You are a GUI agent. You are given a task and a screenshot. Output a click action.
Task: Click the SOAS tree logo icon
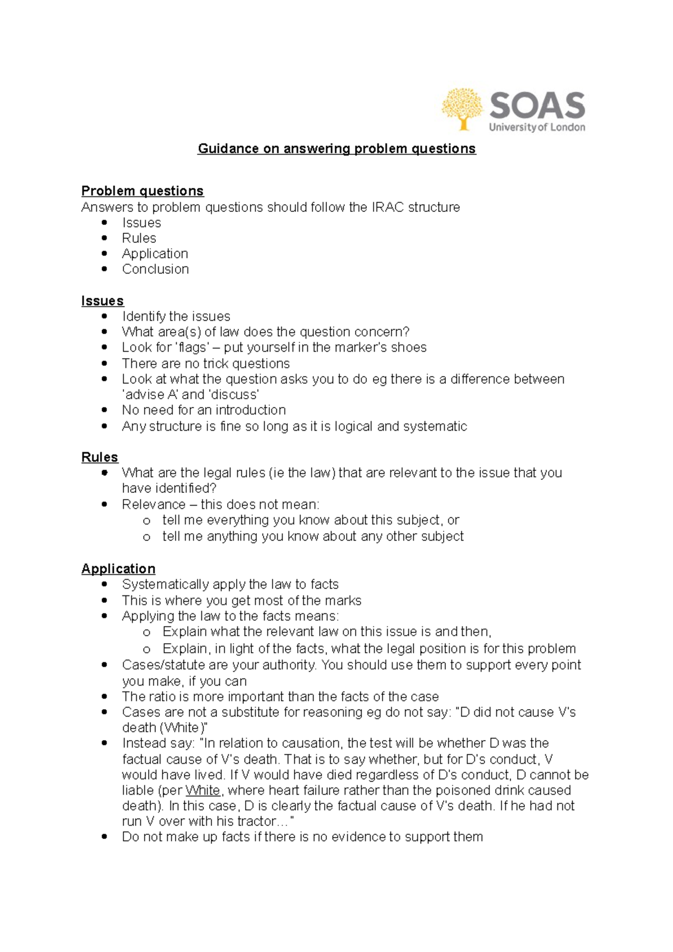click(x=462, y=109)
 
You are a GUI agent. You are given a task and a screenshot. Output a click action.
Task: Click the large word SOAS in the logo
click(x=537, y=106)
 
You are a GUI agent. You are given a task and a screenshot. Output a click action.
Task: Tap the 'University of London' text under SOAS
click(x=537, y=128)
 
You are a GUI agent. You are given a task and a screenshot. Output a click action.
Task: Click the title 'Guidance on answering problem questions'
click(x=336, y=149)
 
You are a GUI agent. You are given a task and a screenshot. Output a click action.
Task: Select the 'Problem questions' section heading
click(x=142, y=191)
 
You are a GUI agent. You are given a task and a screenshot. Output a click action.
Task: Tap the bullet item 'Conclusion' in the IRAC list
click(x=155, y=269)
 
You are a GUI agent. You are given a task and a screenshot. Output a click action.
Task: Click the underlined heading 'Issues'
click(x=102, y=301)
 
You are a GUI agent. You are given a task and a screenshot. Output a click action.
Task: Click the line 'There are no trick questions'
click(x=206, y=363)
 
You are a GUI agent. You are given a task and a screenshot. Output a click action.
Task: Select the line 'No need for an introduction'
click(x=204, y=410)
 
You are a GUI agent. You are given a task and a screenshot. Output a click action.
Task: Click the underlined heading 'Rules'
click(x=100, y=457)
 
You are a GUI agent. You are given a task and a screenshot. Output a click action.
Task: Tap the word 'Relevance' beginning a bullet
click(x=154, y=504)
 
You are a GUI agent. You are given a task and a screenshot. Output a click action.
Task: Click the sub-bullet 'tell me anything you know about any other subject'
click(x=313, y=537)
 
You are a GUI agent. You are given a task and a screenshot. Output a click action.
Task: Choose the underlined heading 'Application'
click(x=118, y=569)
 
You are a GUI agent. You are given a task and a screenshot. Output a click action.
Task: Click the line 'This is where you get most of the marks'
click(x=241, y=600)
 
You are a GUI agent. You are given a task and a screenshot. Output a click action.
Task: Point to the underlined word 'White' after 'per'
click(x=203, y=791)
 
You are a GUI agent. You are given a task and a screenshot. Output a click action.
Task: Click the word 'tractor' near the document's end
click(x=256, y=821)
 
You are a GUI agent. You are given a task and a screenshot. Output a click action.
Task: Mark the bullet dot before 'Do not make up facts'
click(x=104, y=837)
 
